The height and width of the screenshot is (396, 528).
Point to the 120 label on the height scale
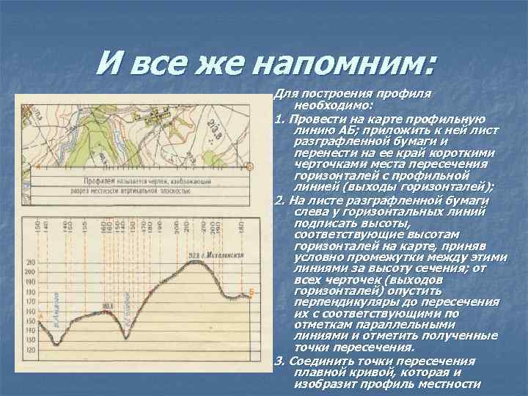click(x=30, y=351)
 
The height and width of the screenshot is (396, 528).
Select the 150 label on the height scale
click(x=30, y=321)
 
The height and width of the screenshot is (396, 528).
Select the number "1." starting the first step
click(x=278, y=118)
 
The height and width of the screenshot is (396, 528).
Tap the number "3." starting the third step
click(x=278, y=361)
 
